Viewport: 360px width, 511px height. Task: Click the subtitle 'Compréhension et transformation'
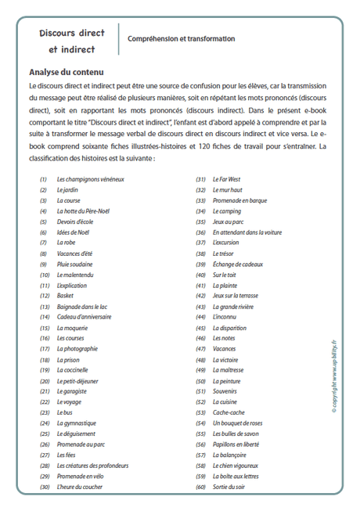[x=181, y=38]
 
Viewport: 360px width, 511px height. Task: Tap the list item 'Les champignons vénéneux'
[x=91, y=179]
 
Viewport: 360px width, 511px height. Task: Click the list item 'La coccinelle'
[x=74, y=369]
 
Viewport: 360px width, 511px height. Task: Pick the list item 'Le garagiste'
[x=72, y=390]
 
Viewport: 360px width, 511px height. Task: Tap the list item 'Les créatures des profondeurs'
[x=92, y=465]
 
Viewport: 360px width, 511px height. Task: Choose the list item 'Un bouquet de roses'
[x=239, y=423]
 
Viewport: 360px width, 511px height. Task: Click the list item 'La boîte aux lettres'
[x=237, y=476]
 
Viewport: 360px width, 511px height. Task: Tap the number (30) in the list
[x=44, y=487]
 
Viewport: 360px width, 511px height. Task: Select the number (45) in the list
[x=201, y=327]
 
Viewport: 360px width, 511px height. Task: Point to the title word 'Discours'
[x=59, y=34]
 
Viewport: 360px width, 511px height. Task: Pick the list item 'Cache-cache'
[x=229, y=412]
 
